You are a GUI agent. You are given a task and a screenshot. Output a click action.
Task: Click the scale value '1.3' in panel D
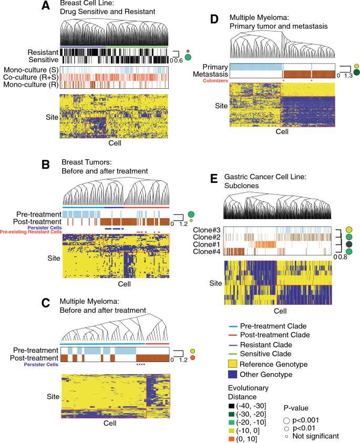pos(347,77)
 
